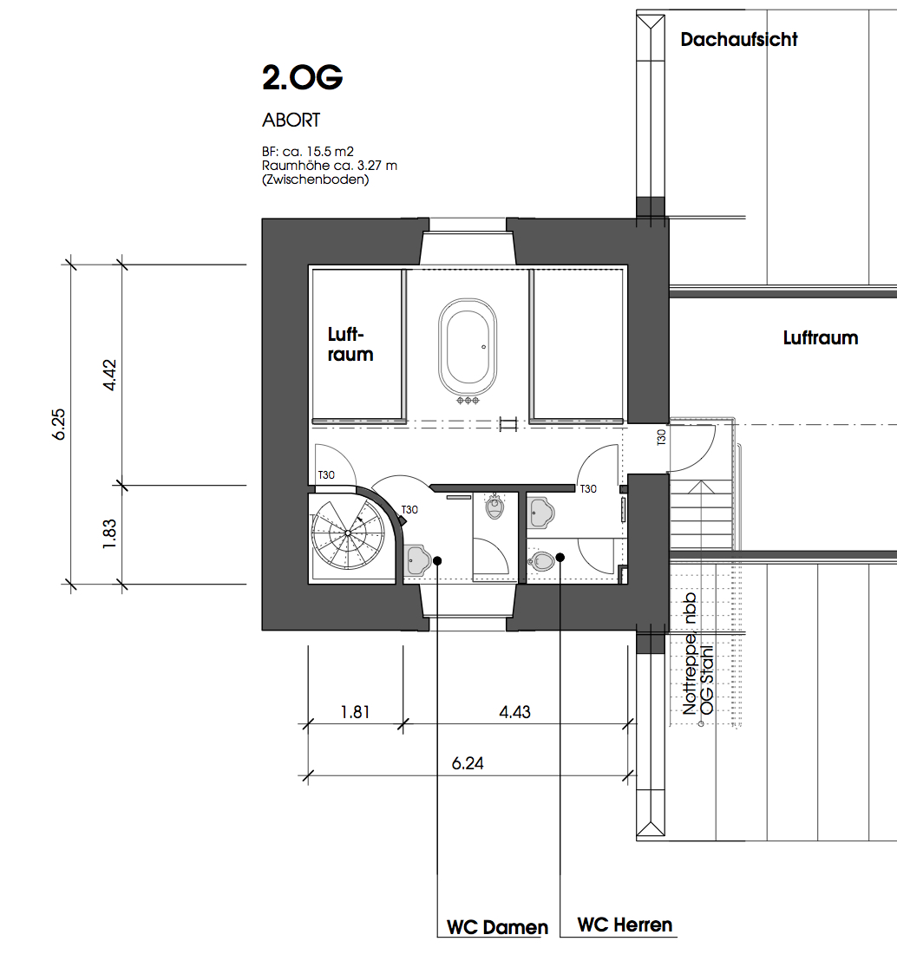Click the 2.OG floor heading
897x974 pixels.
coord(302,78)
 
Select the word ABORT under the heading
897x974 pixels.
coord(291,121)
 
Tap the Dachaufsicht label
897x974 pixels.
coord(738,39)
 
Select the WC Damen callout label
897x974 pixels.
coord(497,927)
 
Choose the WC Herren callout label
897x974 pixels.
coord(625,925)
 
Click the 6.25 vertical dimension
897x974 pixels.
coord(59,424)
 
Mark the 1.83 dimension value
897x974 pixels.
coord(110,533)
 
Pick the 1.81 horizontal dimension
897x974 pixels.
coord(355,712)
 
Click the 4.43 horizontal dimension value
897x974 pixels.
coord(514,712)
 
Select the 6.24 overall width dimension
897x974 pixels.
coord(468,763)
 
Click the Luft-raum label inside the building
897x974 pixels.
coord(350,344)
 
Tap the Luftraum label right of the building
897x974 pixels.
coord(820,338)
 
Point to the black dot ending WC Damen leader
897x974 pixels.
coord(438,560)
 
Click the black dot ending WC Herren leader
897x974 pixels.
coord(561,557)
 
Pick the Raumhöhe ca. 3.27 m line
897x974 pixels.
coord(329,165)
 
